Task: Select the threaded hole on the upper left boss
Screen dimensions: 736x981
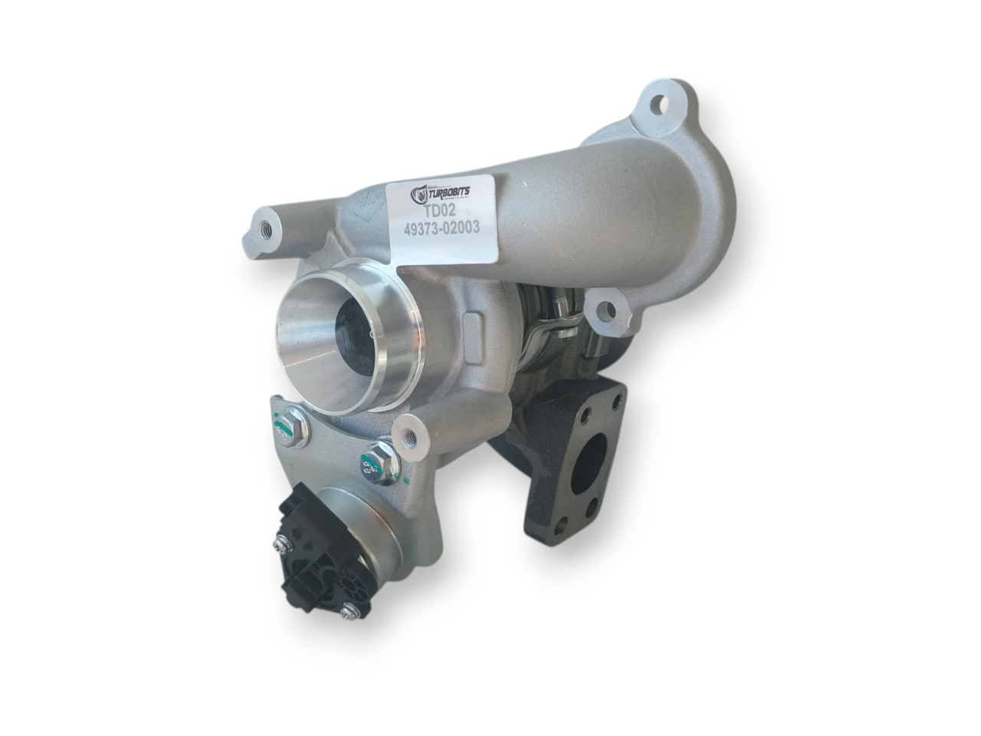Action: (x=266, y=227)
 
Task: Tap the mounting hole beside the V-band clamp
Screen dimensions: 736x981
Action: (x=607, y=311)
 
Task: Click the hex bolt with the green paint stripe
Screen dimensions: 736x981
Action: (x=291, y=426)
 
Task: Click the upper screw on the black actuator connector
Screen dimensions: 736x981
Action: (x=277, y=546)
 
